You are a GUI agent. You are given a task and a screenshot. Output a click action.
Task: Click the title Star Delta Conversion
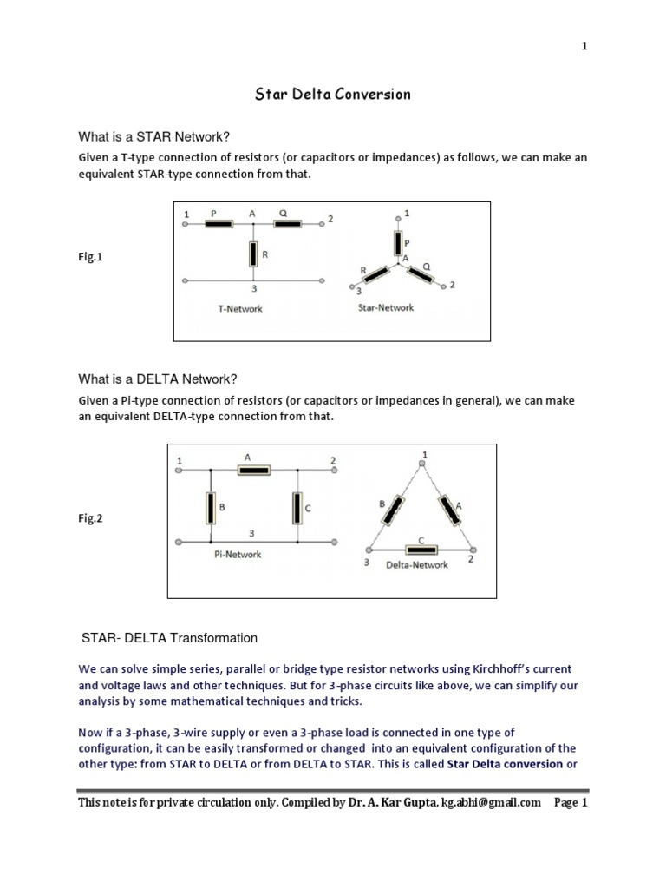click(x=332, y=94)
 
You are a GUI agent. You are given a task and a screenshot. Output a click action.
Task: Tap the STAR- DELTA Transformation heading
click(x=168, y=637)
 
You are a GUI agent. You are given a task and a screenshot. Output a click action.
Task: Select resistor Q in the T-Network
click(x=288, y=224)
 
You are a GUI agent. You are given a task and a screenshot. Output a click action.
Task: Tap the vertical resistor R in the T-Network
click(x=252, y=254)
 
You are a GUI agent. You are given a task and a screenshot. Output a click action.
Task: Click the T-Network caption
click(x=239, y=308)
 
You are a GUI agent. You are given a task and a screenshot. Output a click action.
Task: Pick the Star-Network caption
click(x=386, y=307)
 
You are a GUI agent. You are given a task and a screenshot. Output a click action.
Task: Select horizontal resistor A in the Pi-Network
click(x=254, y=470)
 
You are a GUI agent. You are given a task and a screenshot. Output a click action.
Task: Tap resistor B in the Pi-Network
click(x=209, y=508)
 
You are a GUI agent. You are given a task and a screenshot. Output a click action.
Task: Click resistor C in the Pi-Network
click(x=297, y=508)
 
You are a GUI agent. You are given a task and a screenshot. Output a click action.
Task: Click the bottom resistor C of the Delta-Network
click(x=421, y=550)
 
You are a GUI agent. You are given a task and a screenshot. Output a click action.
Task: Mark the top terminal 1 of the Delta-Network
click(x=422, y=464)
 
